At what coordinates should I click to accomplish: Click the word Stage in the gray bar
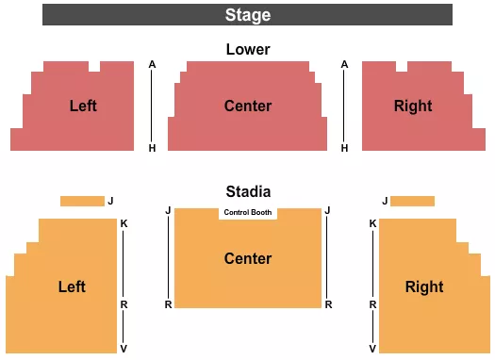247,15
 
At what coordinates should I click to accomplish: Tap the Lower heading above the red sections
247,49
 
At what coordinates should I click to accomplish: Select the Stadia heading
247,191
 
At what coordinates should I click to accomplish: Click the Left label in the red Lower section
83,106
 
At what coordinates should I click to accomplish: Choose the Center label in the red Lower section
247,106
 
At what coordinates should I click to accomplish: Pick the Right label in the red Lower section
413,106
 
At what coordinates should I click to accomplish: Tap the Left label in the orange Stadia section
72,286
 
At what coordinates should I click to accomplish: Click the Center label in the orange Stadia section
247,258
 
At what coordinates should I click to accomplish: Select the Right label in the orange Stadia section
423,286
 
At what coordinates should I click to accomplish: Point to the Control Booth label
248,212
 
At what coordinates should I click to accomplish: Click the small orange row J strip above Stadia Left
82,201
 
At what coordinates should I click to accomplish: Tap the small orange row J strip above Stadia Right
412,201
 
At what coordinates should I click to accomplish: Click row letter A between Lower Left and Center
152,64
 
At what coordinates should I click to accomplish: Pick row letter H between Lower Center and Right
345,148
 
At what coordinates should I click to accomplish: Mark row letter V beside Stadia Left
124,348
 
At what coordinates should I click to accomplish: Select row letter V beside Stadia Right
372,348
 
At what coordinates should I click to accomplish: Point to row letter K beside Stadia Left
124,223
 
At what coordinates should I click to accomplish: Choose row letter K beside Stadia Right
372,223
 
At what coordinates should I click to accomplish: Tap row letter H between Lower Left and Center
152,148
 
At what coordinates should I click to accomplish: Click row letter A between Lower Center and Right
345,64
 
